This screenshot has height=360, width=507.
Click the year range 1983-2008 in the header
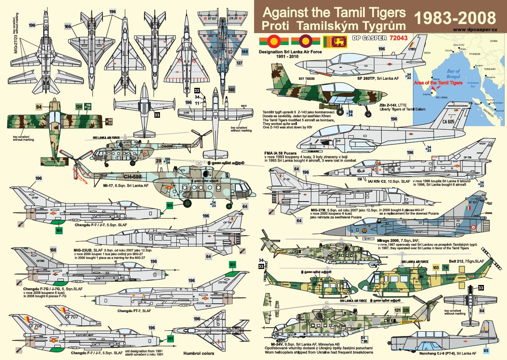click(x=456, y=18)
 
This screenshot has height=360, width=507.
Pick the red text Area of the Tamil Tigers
click(x=438, y=83)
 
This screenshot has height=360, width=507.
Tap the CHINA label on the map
click(x=494, y=41)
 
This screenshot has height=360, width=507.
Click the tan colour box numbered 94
click(x=39, y=107)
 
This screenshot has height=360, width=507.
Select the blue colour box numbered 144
click(x=245, y=51)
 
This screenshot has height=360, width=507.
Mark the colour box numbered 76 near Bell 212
click(x=445, y=267)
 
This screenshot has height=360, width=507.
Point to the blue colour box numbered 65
click(x=485, y=351)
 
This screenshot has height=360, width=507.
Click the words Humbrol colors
click(x=199, y=353)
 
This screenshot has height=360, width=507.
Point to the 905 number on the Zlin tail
click(x=280, y=68)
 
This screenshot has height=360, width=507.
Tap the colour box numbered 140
click(x=232, y=90)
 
